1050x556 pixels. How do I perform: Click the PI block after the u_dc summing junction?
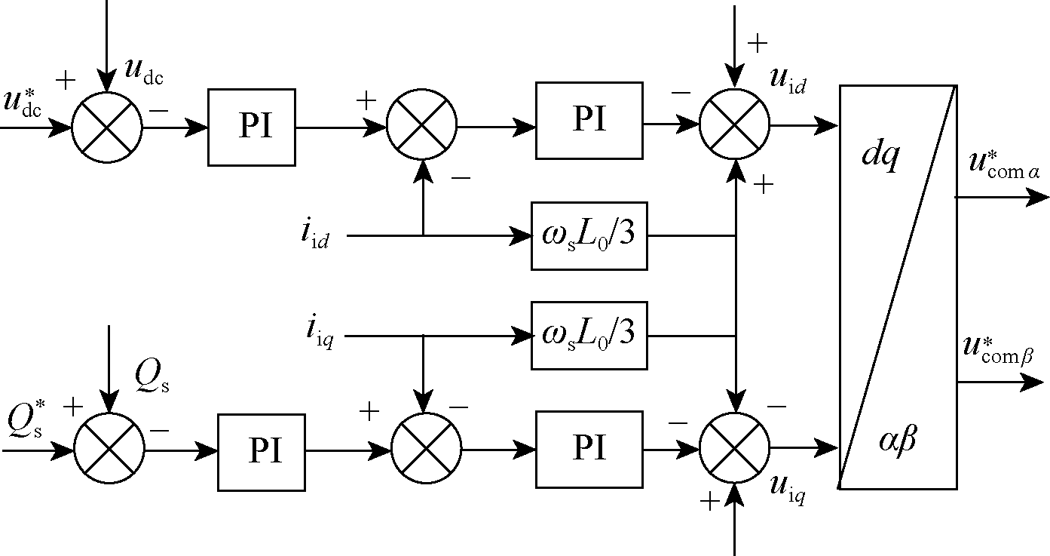(x=251, y=127)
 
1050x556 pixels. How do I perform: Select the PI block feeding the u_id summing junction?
(x=589, y=120)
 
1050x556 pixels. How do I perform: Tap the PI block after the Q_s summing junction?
(x=261, y=451)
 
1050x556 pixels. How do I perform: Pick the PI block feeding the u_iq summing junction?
(x=589, y=448)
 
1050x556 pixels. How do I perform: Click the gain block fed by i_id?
(x=589, y=235)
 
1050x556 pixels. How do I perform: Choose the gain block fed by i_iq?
(x=589, y=335)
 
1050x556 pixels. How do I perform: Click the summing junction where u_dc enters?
(x=107, y=127)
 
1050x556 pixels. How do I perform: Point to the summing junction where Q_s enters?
(x=109, y=450)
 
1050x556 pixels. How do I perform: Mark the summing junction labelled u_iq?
(x=735, y=448)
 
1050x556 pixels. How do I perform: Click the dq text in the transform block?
(x=880, y=157)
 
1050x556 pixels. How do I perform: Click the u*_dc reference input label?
(x=23, y=102)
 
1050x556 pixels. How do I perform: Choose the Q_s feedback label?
(x=152, y=375)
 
